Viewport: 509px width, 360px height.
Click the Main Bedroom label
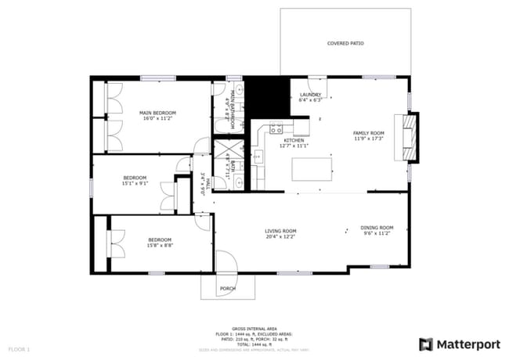(157, 113)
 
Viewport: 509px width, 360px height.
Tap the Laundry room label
(311, 95)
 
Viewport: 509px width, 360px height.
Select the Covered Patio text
(345, 44)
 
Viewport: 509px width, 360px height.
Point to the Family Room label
(369, 133)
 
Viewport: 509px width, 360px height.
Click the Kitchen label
(283, 140)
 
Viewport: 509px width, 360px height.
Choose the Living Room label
(280, 231)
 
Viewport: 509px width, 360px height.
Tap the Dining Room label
(377, 228)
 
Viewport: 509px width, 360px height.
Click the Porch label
(227, 289)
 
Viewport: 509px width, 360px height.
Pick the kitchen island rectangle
(312, 170)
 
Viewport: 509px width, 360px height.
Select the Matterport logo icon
(426, 344)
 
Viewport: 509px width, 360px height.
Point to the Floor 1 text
(19, 348)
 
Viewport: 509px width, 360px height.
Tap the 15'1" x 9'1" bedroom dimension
(135, 184)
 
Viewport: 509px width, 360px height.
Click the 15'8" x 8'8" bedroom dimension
(160, 246)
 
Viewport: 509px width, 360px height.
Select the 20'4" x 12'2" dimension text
(280, 236)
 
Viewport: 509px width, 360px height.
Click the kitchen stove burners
(276, 128)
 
